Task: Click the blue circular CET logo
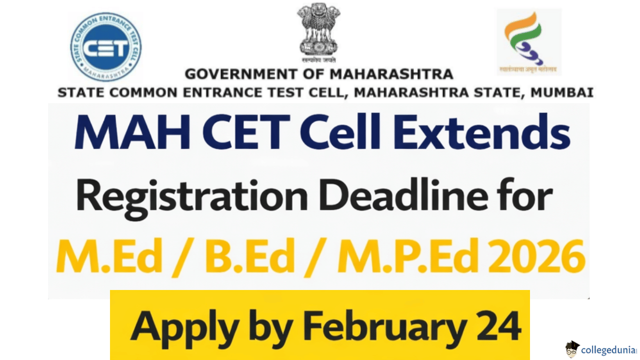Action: (x=105, y=47)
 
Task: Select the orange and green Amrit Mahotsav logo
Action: (x=528, y=40)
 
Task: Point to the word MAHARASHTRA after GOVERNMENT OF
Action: (x=391, y=75)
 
